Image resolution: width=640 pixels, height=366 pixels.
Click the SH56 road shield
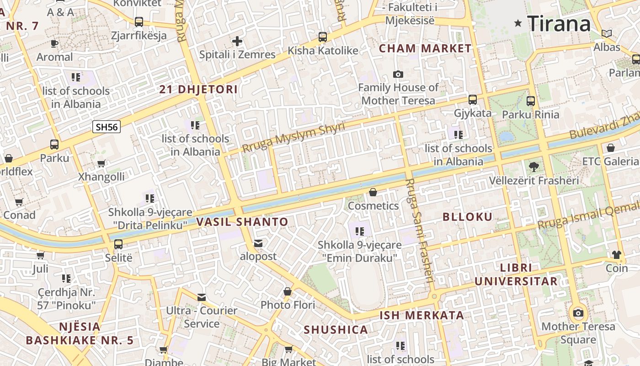point(107,127)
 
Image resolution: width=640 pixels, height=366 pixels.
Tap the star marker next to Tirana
point(518,23)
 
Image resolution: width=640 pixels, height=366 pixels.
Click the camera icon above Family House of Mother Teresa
point(398,74)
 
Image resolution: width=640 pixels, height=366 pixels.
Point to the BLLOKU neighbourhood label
point(468,217)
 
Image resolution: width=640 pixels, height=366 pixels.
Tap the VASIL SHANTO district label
point(242,222)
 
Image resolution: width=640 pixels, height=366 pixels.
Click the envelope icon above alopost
point(258,243)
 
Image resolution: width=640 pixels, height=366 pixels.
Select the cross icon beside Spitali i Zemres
point(237,41)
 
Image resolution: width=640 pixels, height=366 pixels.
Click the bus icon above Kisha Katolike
point(323,37)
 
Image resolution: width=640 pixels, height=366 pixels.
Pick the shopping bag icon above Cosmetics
point(373,192)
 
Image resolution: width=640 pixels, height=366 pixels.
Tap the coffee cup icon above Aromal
point(54,44)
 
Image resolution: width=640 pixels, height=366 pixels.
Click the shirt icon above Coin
point(617,255)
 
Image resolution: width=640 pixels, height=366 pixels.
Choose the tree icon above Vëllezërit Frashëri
point(533,167)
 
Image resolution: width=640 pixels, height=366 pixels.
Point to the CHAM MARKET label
point(425,48)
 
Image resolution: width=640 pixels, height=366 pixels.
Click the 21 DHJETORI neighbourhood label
point(198,89)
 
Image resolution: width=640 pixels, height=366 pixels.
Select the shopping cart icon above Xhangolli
point(101,163)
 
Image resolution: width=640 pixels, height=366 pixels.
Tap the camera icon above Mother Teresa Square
point(578,313)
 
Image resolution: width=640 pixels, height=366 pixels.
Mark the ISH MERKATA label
point(422,315)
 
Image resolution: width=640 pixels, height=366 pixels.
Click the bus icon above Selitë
point(118,244)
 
